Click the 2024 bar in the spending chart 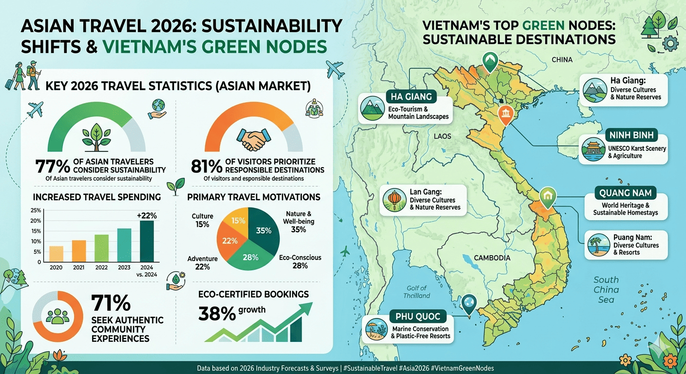click(147, 241)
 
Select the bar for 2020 click(56, 254)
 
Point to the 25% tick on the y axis click(36, 210)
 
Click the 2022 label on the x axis click(101, 267)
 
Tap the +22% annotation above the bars click(147, 216)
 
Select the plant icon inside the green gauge click(96, 137)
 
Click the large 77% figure click(53, 167)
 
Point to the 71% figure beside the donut click(111, 303)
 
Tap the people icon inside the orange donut click(57, 316)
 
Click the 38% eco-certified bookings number click(217, 314)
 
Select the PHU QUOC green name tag click(418, 316)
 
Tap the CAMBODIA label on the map click(492, 258)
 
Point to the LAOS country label click(442, 136)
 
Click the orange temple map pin click(506, 115)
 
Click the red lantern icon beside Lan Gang click(395, 200)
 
